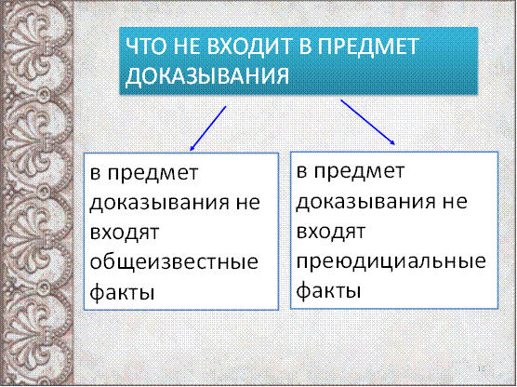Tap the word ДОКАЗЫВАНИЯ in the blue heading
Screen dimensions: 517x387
click(207, 76)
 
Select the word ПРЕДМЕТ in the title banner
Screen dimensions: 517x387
click(368, 47)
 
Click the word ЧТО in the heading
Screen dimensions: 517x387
click(146, 47)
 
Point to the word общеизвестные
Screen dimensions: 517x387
click(174, 262)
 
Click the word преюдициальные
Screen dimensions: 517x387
click(391, 261)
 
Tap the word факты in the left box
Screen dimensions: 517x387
click(122, 291)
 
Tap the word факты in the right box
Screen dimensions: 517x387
click(328, 290)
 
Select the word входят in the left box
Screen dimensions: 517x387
click(125, 233)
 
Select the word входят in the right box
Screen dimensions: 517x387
click(331, 232)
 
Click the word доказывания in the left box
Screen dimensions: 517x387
click(159, 203)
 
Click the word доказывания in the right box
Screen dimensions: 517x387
click(365, 202)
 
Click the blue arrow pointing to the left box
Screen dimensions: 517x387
click(208, 128)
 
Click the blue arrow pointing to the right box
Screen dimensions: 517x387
click(367, 122)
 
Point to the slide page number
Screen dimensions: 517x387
click(481, 368)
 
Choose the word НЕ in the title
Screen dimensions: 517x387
click(186, 47)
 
